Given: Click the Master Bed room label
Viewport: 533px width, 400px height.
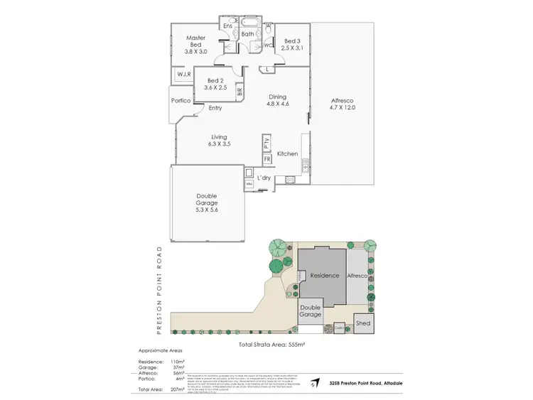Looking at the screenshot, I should point(195,45).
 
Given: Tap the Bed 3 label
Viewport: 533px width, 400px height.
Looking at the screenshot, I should point(292,45).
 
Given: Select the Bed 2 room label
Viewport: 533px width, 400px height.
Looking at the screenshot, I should point(215,84).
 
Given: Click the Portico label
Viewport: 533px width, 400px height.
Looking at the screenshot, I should point(181,101).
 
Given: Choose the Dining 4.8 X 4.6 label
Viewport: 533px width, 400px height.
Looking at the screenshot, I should point(277,101).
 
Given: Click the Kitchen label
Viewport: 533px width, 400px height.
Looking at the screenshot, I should point(286,153).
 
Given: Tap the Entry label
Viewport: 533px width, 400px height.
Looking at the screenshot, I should point(215,108).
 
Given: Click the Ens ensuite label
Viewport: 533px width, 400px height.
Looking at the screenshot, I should point(228,26).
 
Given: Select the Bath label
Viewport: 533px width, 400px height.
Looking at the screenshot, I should point(247,33).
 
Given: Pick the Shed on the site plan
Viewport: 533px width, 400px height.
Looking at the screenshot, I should point(364,323).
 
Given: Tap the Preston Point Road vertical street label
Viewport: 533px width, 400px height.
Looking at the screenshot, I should point(161,290).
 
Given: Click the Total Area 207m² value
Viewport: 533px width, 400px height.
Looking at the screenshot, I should point(179,390).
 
